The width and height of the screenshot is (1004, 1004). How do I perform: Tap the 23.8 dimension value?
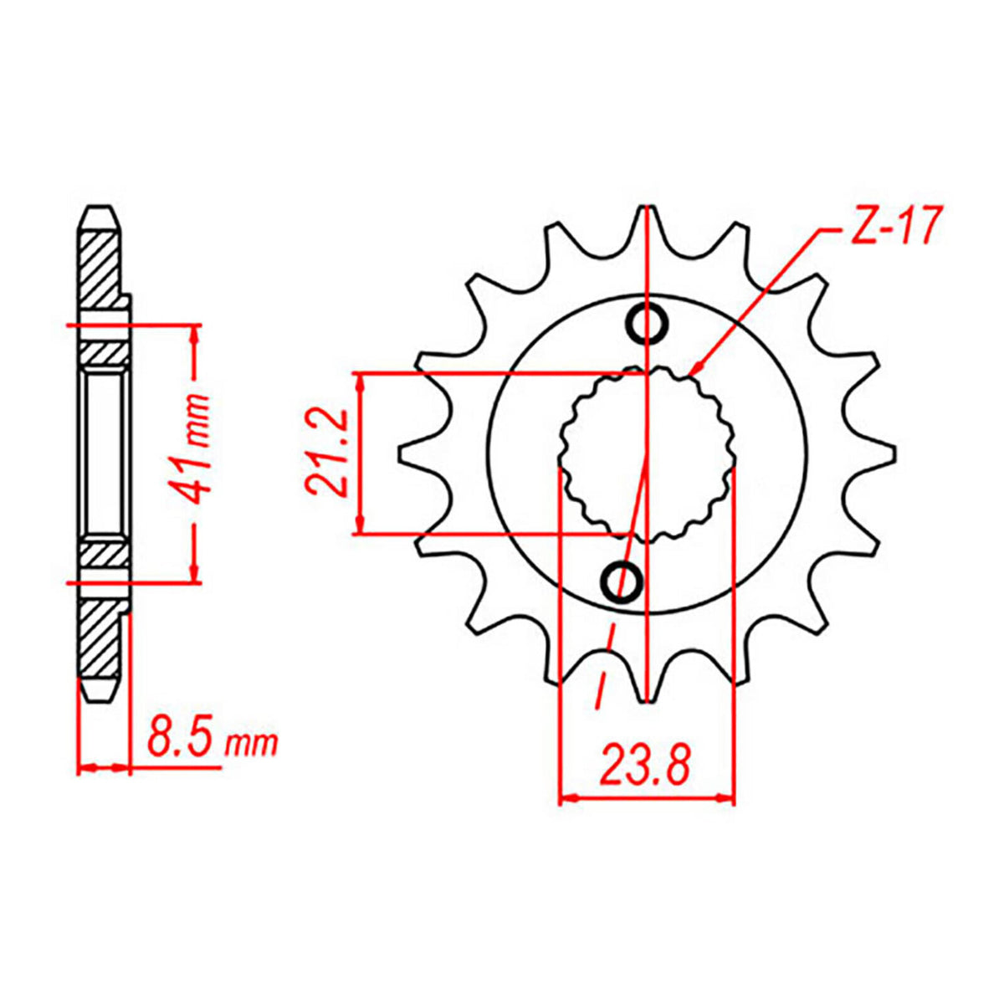click(645, 766)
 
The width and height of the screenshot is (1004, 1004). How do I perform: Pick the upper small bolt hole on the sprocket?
click(647, 323)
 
